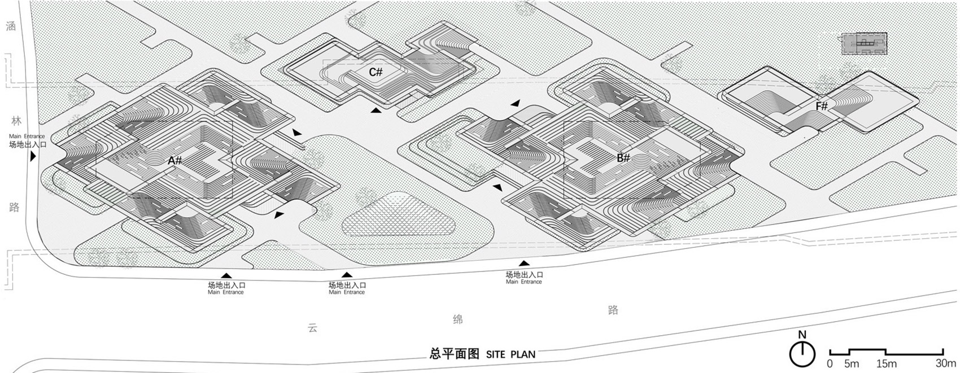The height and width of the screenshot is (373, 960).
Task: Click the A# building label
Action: (x=175, y=161)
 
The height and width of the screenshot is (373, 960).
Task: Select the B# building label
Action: (x=623, y=158)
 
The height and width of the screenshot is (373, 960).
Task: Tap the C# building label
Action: (x=376, y=72)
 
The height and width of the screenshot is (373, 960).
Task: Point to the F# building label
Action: (x=822, y=106)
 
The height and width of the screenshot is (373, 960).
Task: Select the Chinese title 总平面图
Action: (x=454, y=354)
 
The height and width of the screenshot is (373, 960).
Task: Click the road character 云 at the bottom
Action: (x=312, y=328)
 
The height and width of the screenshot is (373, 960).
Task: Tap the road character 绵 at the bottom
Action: (x=458, y=319)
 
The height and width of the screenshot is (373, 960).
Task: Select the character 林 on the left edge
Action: (x=16, y=121)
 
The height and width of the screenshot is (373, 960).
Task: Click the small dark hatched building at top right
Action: (x=865, y=43)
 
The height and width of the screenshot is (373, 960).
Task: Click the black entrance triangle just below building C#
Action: (x=376, y=111)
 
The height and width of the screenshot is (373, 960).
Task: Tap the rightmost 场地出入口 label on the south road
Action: (x=524, y=274)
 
